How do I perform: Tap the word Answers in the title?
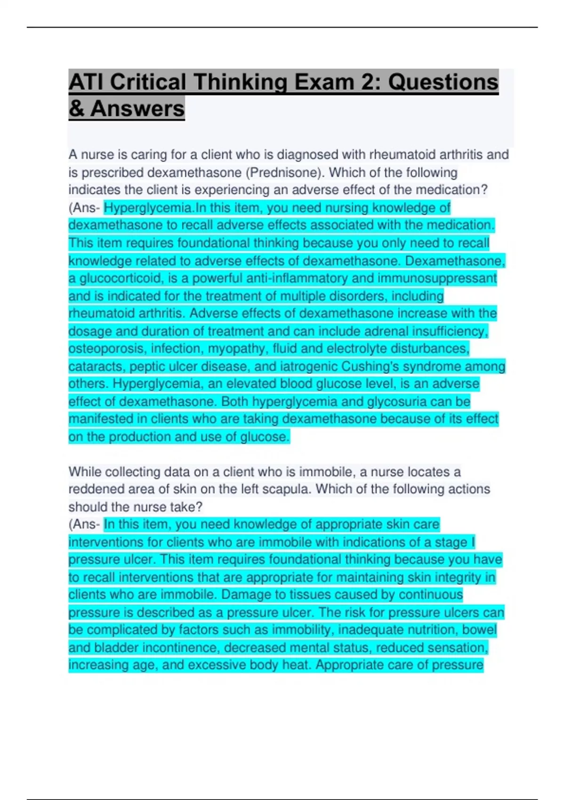click(x=137, y=109)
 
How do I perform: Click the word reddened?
click(x=97, y=489)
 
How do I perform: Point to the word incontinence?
click(x=180, y=648)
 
